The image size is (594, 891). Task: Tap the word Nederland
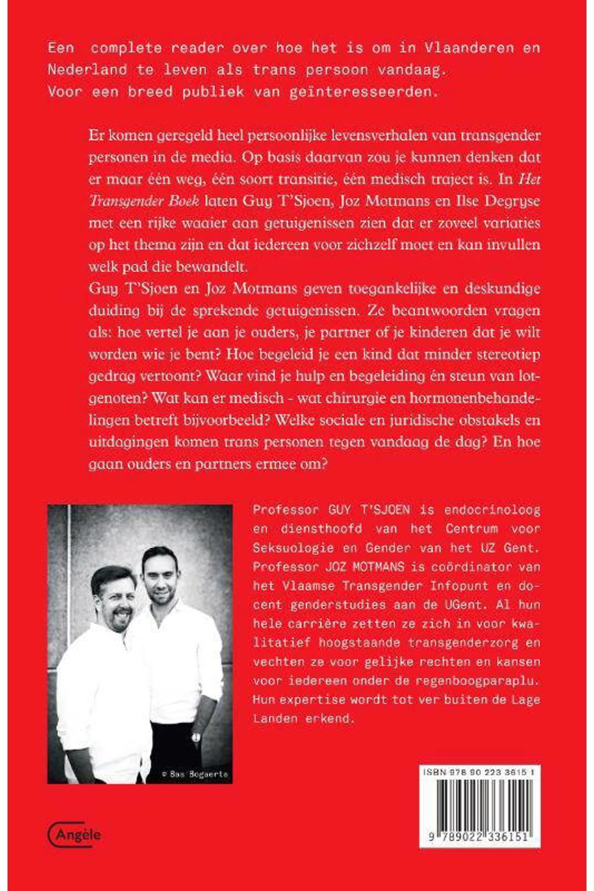[87, 70]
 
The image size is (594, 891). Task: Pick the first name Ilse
[451, 201]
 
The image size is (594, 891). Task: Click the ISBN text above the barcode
[479, 772]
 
